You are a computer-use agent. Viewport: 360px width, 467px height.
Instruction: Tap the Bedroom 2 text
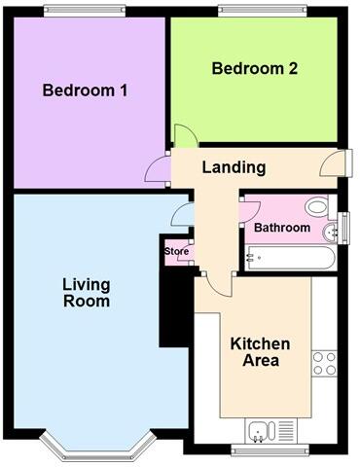(x=254, y=69)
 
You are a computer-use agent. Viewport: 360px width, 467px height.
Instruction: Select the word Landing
(x=234, y=167)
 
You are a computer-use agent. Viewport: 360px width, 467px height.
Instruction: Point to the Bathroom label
(x=282, y=228)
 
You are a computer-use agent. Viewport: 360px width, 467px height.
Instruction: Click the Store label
(x=176, y=252)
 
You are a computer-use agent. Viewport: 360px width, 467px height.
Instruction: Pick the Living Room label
(x=86, y=293)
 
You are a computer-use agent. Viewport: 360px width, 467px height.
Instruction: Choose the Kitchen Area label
(x=260, y=352)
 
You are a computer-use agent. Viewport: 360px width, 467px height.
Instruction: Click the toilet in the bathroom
(x=315, y=207)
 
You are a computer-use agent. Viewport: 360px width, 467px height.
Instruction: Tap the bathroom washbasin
(x=329, y=230)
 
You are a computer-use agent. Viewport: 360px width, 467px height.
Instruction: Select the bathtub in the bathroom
(x=289, y=258)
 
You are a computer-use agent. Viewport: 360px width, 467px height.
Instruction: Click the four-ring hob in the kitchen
(x=324, y=363)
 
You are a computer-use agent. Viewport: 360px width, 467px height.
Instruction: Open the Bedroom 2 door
(x=182, y=137)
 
